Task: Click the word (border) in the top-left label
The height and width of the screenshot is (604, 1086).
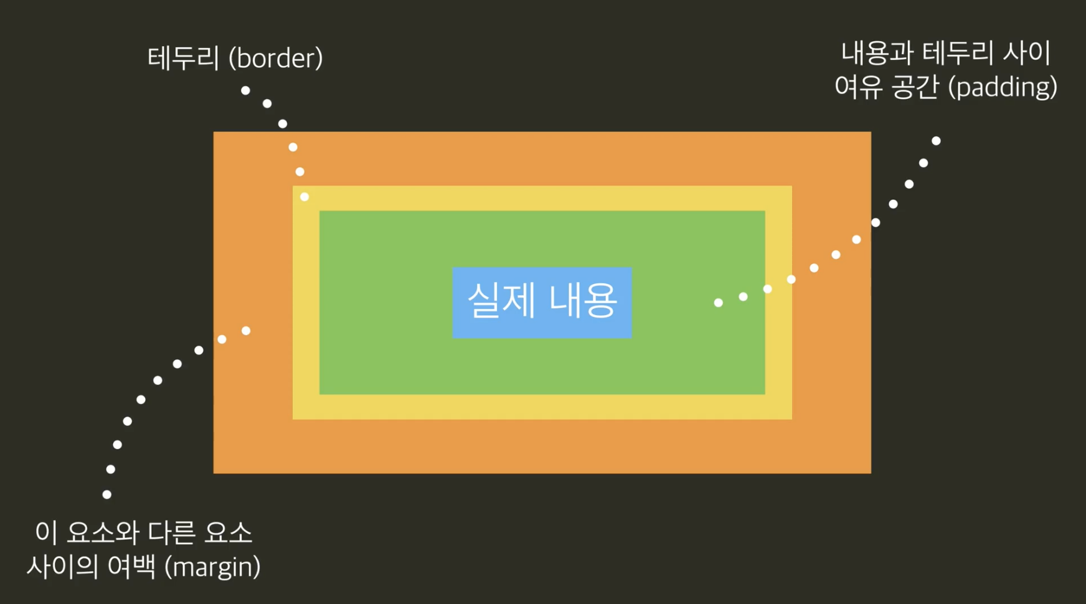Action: tap(276, 59)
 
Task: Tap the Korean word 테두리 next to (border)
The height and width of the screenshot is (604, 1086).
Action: tap(184, 59)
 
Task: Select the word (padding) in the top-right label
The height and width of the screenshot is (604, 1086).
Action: tap(1002, 87)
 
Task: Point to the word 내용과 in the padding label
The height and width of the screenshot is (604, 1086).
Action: tap(877, 54)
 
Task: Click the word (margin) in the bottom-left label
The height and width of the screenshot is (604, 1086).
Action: tap(213, 567)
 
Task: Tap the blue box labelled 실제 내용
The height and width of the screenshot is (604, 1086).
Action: tap(542, 303)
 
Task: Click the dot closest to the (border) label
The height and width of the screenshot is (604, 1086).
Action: tap(245, 90)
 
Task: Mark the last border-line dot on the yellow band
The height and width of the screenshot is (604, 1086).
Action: tap(305, 197)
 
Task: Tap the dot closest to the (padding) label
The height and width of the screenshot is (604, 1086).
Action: tap(936, 141)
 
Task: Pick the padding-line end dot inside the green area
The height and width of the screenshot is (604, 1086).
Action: tap(718, 303)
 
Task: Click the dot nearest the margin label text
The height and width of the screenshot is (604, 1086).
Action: tap(107, 494)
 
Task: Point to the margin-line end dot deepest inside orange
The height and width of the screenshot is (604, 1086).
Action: tap(246, 331)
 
